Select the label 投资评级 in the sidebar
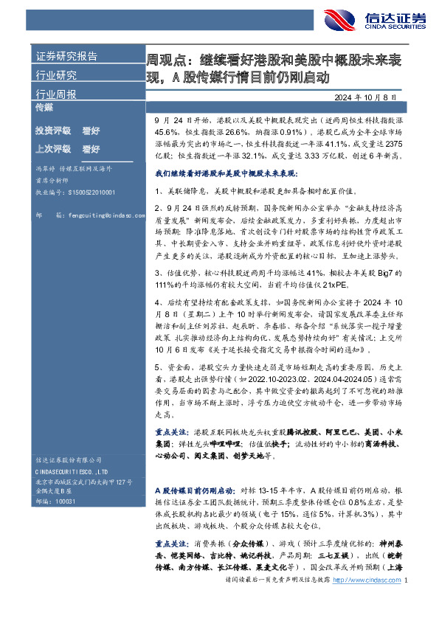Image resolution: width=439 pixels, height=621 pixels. pyautogui.click(x=53, y=131)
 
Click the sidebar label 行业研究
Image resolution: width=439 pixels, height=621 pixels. pyautogui.click(x=55, y=75)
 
